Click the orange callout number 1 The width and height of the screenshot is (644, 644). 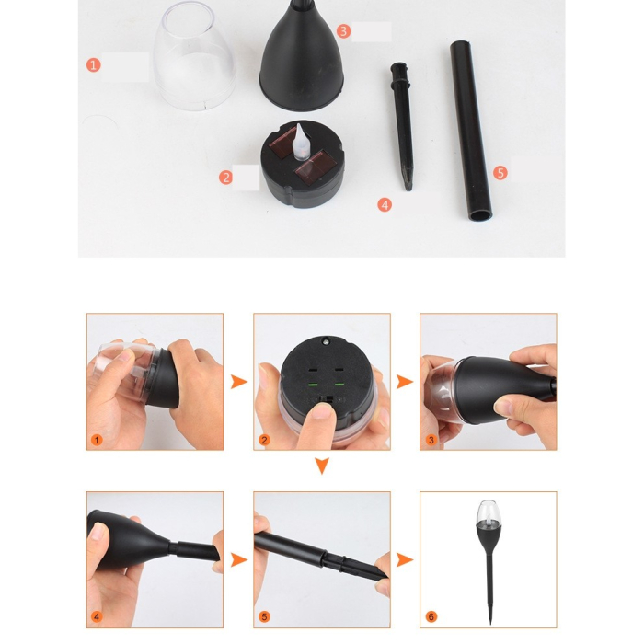pos(93,64)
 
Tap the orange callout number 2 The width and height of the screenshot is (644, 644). pos(226,177)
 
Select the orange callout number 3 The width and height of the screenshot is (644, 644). pos(343,30)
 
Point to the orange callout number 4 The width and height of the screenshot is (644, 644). pos(385,204)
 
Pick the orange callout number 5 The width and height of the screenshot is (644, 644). pos(500,172)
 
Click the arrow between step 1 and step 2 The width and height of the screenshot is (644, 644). pos(238,382)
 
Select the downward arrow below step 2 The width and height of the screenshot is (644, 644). pos(321,467)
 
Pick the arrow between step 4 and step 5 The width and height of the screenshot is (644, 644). pos(238,559)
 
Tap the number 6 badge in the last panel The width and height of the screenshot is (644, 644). pos(431,616)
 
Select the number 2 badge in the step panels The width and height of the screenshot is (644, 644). pos(265,440)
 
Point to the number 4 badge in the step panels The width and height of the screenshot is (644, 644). pos(98,616)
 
